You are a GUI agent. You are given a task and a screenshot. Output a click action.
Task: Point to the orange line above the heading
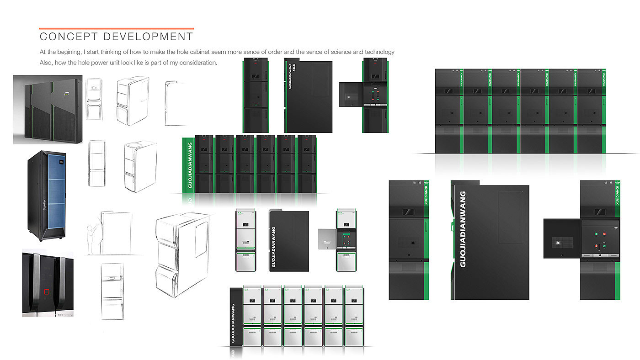pyautogui.click(x=116, y=28)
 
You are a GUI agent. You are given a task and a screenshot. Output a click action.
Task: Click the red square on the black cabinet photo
pyautogui.click(x=46, y=291)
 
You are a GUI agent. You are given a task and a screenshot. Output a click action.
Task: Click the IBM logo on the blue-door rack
pyautogui.click(x=60, y=162)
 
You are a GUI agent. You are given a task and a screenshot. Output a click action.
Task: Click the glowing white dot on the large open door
pyautogui.click(x=558, y=243)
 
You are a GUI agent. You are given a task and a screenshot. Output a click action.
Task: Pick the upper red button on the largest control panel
pyautogui.click(x=605, y=234)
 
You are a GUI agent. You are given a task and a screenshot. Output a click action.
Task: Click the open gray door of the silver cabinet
pyautogui.click(x=327, y=238)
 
